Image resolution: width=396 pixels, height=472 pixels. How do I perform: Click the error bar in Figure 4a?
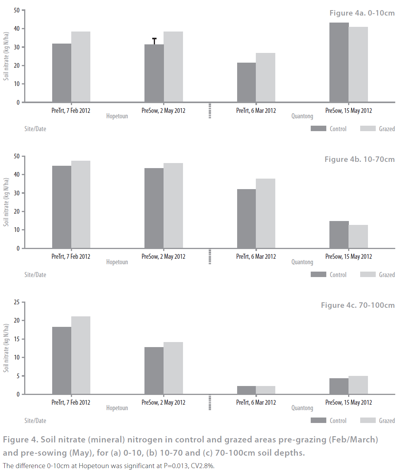pos(155,41)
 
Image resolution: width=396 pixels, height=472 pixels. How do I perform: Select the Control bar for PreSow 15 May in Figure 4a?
pos(339,62)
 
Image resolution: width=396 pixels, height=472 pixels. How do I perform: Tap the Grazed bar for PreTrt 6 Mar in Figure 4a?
pos(266,77)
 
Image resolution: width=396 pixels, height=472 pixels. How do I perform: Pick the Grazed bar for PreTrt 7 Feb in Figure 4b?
pos(81,204)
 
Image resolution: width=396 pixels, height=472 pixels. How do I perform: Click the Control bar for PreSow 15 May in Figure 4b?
pos(339,235)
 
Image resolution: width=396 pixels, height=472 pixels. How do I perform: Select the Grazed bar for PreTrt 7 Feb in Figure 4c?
pos(81,355)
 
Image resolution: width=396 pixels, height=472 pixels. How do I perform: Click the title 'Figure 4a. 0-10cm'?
pos(362,13)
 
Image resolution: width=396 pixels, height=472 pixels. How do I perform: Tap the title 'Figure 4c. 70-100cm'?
pos(357,305)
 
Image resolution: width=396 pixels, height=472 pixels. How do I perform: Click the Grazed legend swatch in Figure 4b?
pos(368,274)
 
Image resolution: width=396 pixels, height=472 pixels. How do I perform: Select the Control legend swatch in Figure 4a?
pos(318,128)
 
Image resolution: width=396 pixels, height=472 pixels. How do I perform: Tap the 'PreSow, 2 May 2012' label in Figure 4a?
pos(163,111)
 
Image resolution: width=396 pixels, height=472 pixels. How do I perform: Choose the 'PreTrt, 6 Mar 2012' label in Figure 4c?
pos(256,402)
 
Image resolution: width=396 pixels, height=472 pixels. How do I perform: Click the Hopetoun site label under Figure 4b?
pos(117,262)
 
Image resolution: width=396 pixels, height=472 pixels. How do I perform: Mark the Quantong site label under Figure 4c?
pos(302,408)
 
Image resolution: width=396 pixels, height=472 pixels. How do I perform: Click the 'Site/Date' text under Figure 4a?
pos(35,129)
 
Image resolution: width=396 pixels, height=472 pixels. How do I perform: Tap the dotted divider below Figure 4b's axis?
pos(210,256)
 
